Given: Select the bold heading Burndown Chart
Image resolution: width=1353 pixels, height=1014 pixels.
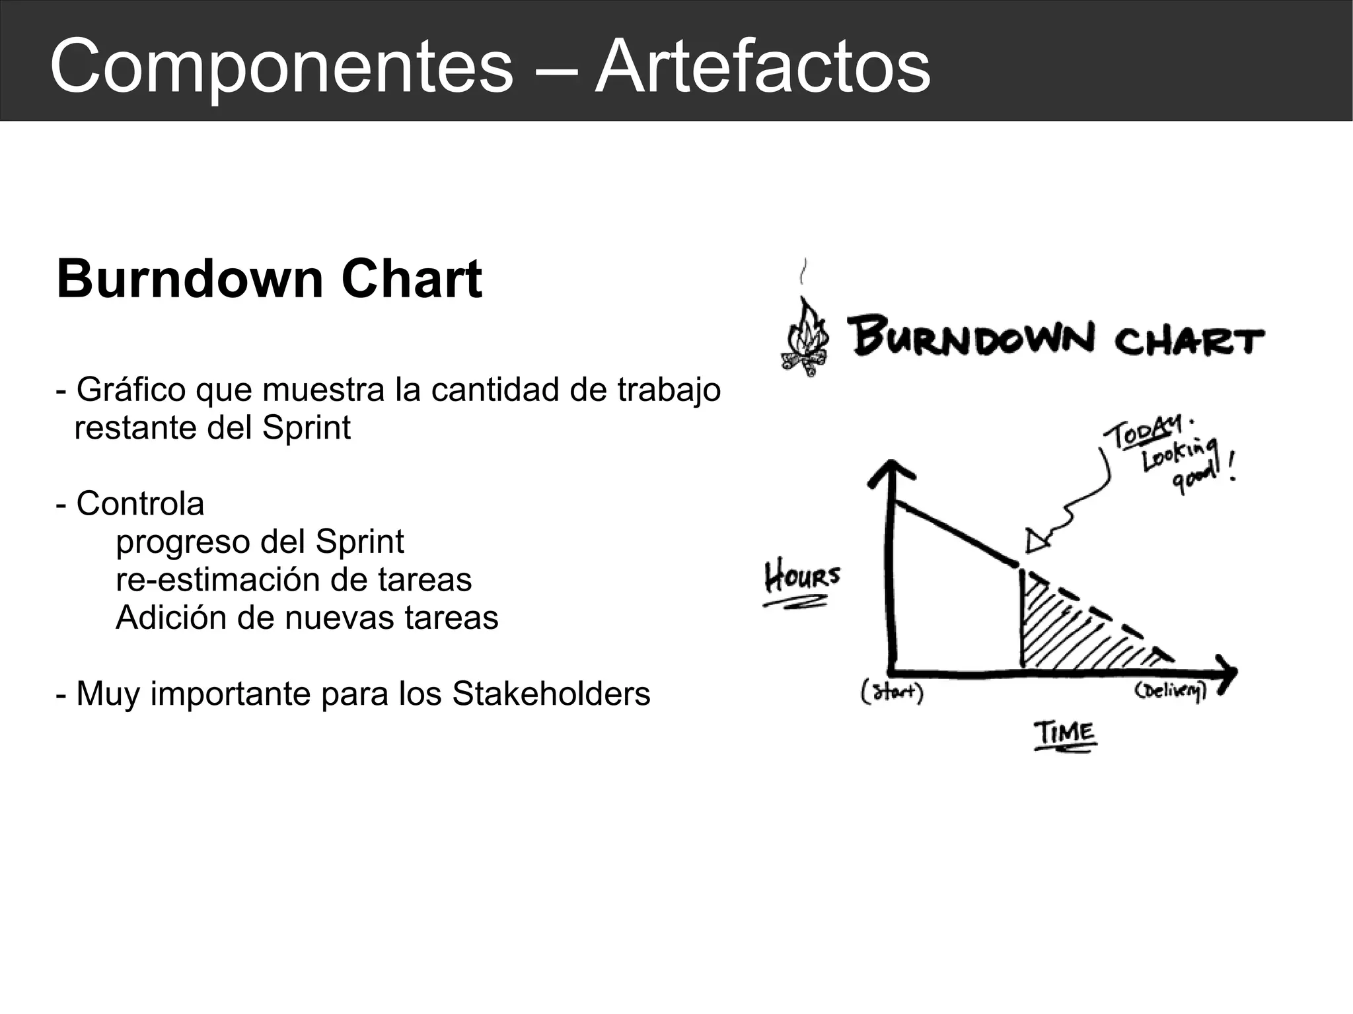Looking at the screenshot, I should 269,279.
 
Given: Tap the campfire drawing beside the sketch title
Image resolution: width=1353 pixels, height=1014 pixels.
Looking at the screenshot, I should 805,339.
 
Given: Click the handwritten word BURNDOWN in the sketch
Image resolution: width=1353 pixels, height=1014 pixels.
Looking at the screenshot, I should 971,339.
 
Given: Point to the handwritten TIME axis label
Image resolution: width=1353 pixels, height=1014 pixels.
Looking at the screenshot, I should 1064,733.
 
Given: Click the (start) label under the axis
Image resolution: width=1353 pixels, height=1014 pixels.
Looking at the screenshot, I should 892,693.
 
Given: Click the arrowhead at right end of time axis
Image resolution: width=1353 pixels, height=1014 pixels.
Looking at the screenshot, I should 1227,673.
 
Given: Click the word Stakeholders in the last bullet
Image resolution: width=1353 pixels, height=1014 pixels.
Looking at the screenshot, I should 551,694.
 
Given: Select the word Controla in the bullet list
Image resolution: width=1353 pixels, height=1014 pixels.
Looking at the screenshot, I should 140,504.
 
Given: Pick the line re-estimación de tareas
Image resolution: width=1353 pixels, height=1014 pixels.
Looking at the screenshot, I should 293,580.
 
